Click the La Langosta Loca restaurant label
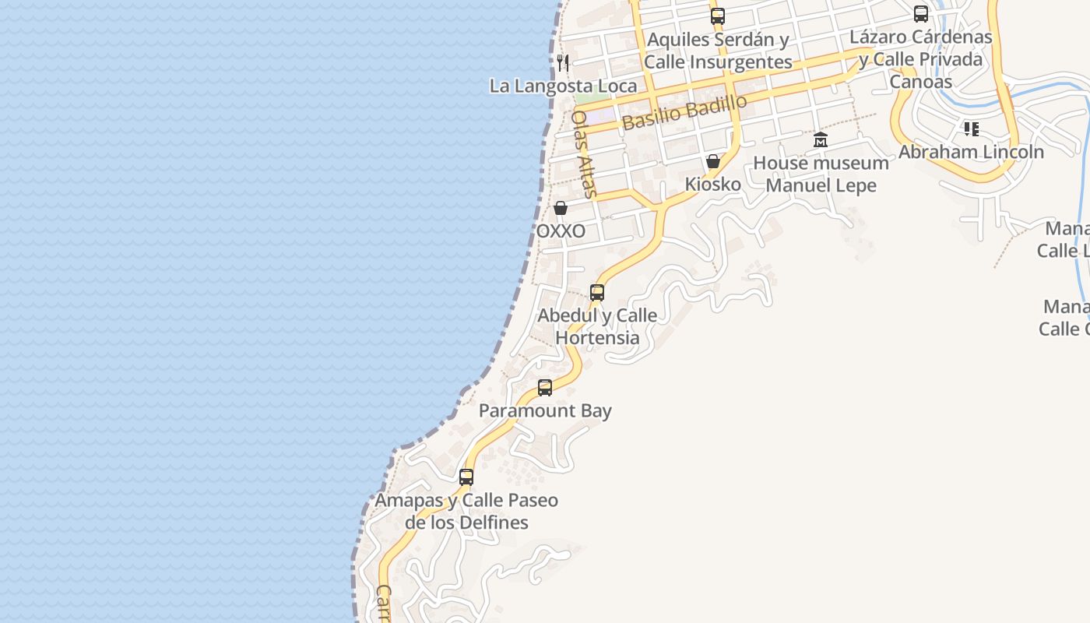pyautogui.click(x=563, y=86)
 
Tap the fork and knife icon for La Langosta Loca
pyautogui.click(x=563, y=62)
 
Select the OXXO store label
pyautogui.click(x=561, y=231)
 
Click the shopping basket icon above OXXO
pyautogui.click(x=561, y=208)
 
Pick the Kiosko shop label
pyautogui.click(x=712, y=185)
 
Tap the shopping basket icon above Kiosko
pyautogui.click(x=712, y=161)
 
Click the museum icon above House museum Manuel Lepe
pyautogui.click(x=821, y=140)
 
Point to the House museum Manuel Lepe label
pyautogui.click(x=821, y=174)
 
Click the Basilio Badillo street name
pyautogui.click(x=684, y=112)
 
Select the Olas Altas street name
pyautogui.click(x=583, y=153)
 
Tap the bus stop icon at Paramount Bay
pyautogui.click(x=545, y=387)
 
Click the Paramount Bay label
pyautogui.click(x=545, y=410)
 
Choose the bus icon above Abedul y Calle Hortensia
pyautogui.click(x=597, y=293)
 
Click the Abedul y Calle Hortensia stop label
pyautogui.click(x=597, y=326)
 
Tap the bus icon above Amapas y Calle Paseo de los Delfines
pyautogui.click(x=466, y=477)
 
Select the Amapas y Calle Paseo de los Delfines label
pyautogui.click(x=466, y=511)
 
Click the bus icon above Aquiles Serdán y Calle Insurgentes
pyautogui.click(x=718, y=16)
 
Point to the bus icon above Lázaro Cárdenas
pyautogui.click(x=921, y=14)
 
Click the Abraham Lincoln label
pyautogui.click(x=971, y=152)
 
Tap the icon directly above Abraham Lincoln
pyautogui.click(x=971, y=128)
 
